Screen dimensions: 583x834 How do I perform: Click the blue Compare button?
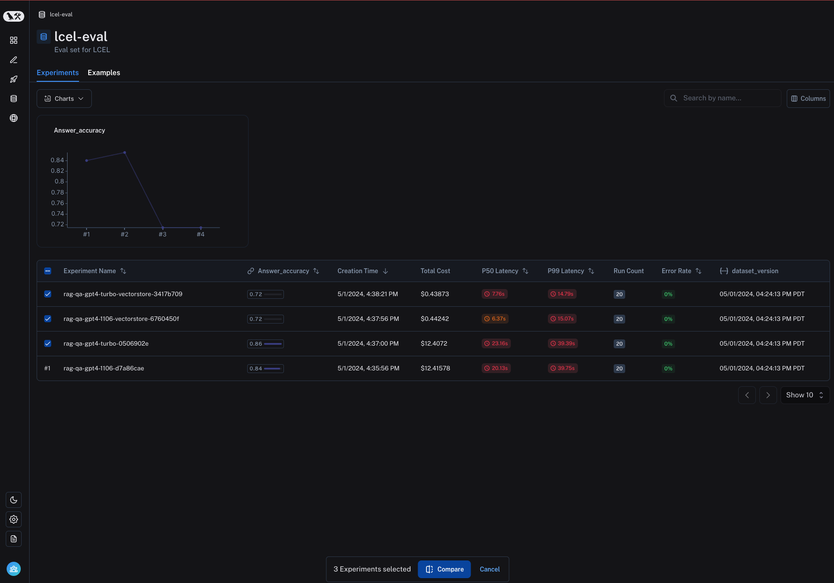[x=444, y=569]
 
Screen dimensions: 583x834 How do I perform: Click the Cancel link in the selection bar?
[x=490, y=569]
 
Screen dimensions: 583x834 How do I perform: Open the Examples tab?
[x=104, y=72]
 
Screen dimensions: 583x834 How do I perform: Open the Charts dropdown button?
[x=64, y=99]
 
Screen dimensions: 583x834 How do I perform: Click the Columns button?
[x=808, y=99]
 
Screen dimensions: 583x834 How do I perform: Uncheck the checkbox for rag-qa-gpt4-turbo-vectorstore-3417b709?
[x=48, y=294]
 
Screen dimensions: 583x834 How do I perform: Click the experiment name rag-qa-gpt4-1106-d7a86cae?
[x=104, y=368]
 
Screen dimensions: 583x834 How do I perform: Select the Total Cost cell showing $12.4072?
[x=434, y=343]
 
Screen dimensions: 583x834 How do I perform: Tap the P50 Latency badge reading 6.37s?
[x=495, y=319]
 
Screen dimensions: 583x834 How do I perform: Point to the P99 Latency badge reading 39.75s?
[x=562, y=368]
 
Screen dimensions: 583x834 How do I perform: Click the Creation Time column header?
[x=358, y=271]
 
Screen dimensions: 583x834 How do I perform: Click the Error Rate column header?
[x=676, y=271]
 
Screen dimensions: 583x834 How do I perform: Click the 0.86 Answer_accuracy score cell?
[x=265, y=343]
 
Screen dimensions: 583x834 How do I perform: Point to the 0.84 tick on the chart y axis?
[x=57, y=160]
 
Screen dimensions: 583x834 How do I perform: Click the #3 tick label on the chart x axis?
[x=162, y=234]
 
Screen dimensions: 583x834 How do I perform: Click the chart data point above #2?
[x=125, y=152]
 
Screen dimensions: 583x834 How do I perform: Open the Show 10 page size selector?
[x=804, y=395]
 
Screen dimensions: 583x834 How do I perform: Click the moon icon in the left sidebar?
[x=14, y=500]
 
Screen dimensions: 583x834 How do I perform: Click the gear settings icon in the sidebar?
[x=14, y=519]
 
